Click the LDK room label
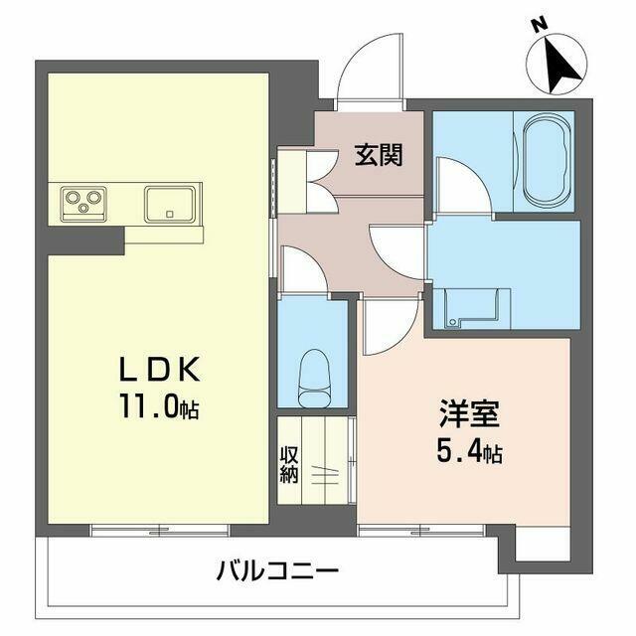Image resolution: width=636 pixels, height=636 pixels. pyautogui.click(x=159, y=369)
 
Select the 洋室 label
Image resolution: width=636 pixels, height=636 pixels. pyautogui.click(x=469, y=413)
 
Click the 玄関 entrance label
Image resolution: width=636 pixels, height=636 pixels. pyautogui.click(x=379, y=155)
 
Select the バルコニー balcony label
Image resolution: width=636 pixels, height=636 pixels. pyautogui.click(x=277, y=571)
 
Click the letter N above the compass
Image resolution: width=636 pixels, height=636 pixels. pyautogui.click(x=541, y=27)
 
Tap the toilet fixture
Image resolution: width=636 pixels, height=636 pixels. pyautogui.click(x=313, y=379)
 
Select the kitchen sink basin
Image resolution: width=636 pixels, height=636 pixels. pyautogui.click(x=170, y=205)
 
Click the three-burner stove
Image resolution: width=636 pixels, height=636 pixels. pyautogui.click(x=83, y=204)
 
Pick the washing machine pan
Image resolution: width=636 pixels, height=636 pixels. pyautogui.click(x=471, y=307)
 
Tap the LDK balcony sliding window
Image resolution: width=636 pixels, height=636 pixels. pyautogui.click(x=159, y=531)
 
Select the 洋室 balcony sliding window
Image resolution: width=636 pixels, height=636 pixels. pyautogui.click(x=421, y=531)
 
